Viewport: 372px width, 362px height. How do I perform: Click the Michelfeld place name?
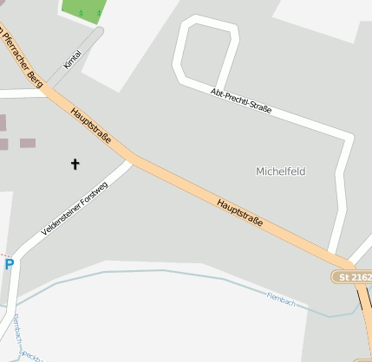pyautogui.click(x=280, y=171)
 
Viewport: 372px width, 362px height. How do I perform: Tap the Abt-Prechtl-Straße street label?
pyautogui.click(x=241, y=100)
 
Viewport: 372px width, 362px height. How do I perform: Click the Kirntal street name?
pyautogui.click(x=72, y=59)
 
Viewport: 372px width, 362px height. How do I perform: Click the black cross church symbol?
pyautogui.click(x=75, y=163)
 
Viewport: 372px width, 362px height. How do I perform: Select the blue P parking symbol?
pyautogui.click(x=9, y=264)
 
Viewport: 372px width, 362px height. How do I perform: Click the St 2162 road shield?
pyautogui.click(x=352, y=277)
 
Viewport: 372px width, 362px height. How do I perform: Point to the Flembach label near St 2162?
pyautogui.click(x=282, y=300)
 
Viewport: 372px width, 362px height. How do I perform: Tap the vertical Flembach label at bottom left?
pyautogui.click(x=16, y=329)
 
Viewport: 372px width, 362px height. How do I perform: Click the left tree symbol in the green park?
pyautogui.click(x=82, y=13)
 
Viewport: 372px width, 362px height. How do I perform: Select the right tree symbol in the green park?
pyautogui.click(x=99, y=12)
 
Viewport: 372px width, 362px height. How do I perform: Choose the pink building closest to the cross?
pyautogui.click(x=28, y=143)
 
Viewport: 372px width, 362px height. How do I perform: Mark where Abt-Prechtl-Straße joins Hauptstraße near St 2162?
pyautogui.click(x=334, y=254)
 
